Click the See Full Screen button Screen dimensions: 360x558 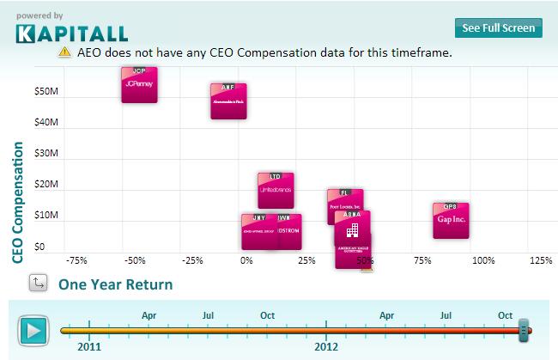point(498,27)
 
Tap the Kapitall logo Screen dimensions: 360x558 point(71,33)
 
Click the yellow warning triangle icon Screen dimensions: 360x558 point(64,52)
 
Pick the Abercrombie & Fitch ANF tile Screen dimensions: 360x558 point(228,101)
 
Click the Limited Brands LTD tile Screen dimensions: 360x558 point(276,190)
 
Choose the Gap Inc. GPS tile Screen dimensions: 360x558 point(451,220)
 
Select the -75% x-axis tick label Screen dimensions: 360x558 point(76,260)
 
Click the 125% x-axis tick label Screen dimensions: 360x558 point(540,260)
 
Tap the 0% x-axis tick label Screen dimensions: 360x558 point(246,260)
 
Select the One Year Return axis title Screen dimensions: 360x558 point(115,284)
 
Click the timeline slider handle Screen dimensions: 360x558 point(525,329)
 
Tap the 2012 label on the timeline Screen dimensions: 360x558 point(326,347)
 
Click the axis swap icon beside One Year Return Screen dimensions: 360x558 point(37,283)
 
